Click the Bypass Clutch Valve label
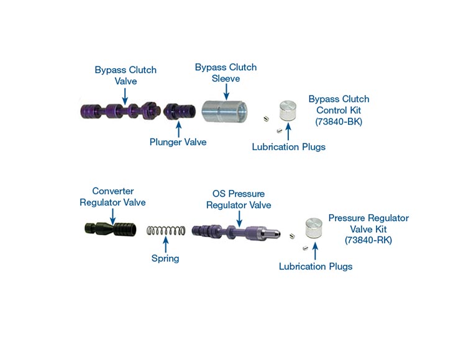coord(125,75)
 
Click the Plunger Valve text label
coord(178,142)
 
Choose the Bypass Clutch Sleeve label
coord(226,73)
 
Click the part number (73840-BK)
coord(339,122)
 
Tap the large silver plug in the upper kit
coord(288,110)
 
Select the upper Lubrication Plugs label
coord(288,147)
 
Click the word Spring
coord(165,258)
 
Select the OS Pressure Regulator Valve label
coord(239,200)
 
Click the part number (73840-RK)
coord(368,240)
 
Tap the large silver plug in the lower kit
coord(314,230)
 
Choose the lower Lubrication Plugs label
coord(315,266)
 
